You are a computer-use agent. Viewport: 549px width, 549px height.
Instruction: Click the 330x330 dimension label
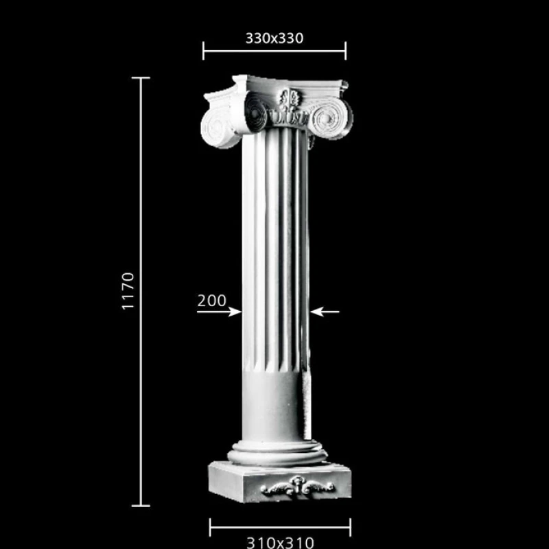pyautogui.click(x=274, y=38)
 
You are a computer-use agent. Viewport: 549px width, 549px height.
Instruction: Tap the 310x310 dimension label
pyautogui.click(x=280, y=543)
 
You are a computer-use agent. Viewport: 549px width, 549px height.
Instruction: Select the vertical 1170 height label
pyautogui.click(x=128, y=291)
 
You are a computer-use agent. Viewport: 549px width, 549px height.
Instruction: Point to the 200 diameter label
pyautogui.click(x=212, y=301)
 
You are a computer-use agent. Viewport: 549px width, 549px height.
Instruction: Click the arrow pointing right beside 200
pyautogui.click(x=219, y=312)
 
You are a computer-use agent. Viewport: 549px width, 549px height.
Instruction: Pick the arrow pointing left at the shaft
pyautogui.click(x=325, y=312)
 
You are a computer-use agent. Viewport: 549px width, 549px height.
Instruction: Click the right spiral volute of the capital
pyautogui.click(x=329, y=118)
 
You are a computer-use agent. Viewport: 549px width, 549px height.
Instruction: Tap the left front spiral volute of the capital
pyautogui.click(x=255, y=112)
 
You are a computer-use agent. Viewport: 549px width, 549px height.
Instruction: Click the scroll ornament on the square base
pyautogui.click(x=298, y=486)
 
